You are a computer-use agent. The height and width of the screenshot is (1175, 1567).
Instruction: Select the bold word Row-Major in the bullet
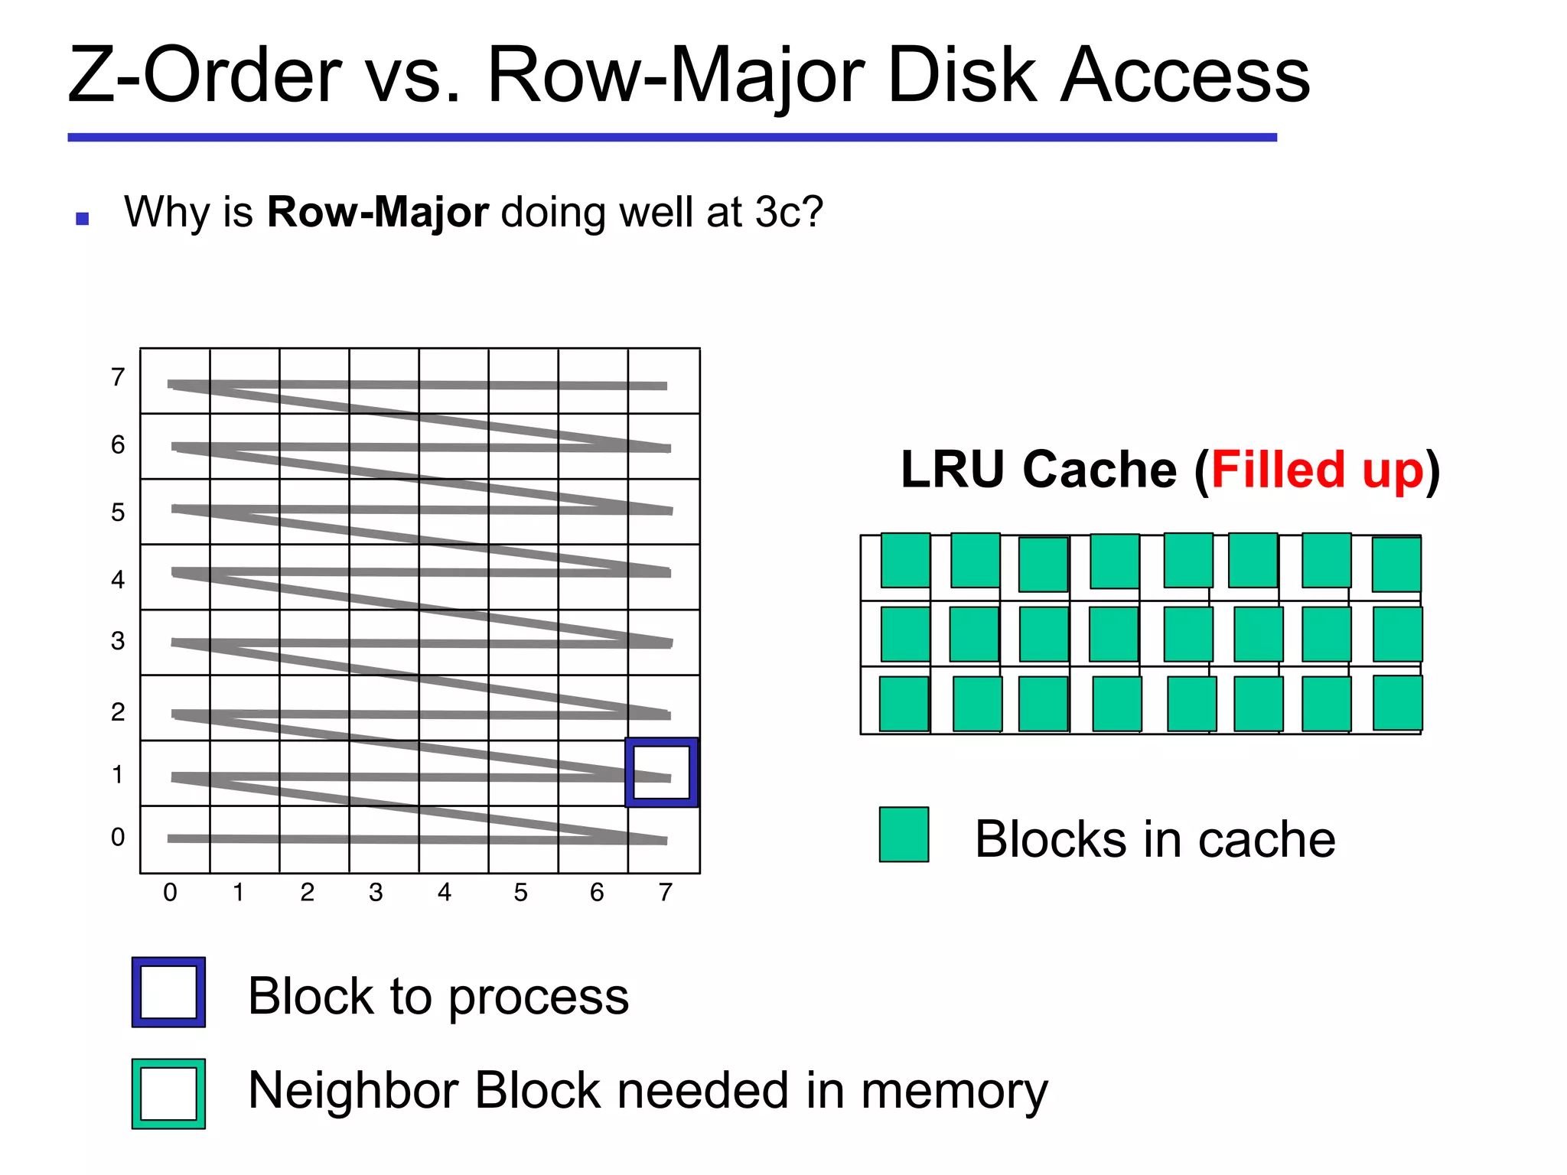pos(377,212)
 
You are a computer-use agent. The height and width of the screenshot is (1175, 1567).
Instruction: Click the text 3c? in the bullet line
pos(788,212)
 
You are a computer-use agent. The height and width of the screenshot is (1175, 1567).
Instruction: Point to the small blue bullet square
pos(83,220)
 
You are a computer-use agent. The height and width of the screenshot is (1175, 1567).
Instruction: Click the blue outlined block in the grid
pos(662,773)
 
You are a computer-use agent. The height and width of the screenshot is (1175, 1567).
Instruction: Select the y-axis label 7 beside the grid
pos(118,377)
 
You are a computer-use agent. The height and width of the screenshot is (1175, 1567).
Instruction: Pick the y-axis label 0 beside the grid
pos(118,837)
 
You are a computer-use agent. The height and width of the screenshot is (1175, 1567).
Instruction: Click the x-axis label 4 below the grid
pos(445,892)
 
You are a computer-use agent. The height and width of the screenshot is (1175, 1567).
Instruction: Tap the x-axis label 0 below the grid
pos(170,892)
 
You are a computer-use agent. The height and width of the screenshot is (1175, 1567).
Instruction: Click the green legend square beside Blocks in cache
pos(904,835)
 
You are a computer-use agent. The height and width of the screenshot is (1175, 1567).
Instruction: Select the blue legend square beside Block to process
pos(168,992)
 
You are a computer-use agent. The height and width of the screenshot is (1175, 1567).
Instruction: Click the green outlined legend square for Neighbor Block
pos(168,1094)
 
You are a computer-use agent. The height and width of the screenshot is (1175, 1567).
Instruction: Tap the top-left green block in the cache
pos(905,560)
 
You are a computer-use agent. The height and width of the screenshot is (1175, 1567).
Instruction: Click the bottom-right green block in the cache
pos(1397,702)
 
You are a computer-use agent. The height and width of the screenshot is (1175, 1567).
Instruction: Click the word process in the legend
pos(538,997)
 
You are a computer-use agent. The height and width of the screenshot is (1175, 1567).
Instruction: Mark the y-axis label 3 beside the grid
pos(118,641)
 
